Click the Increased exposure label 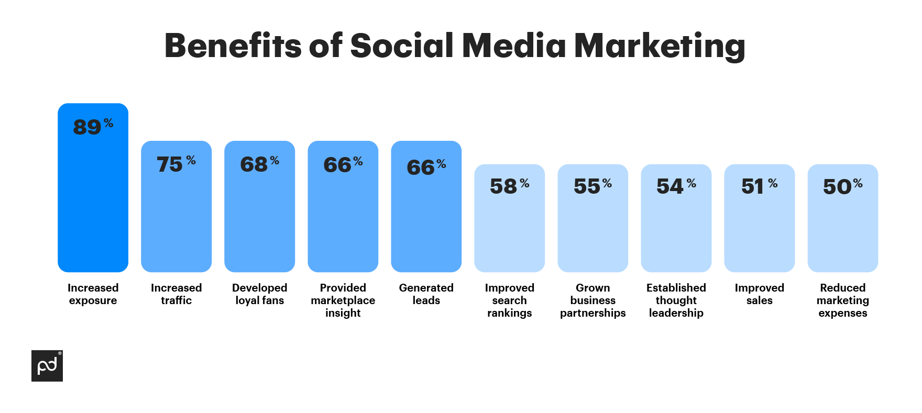tap(93, 294)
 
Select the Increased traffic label tap(176, 294)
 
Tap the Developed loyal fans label tap(259, 294)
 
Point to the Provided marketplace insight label tap(343, 300)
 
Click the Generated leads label tap(426, 294)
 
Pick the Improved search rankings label tap(509, 300)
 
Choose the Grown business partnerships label tap(592, 300)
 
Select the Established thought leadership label tap(676, 300)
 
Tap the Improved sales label tap(759, 294)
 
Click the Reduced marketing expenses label tap(842, 300)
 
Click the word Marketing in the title tap(659, 46)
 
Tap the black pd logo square tap(47, 366)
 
